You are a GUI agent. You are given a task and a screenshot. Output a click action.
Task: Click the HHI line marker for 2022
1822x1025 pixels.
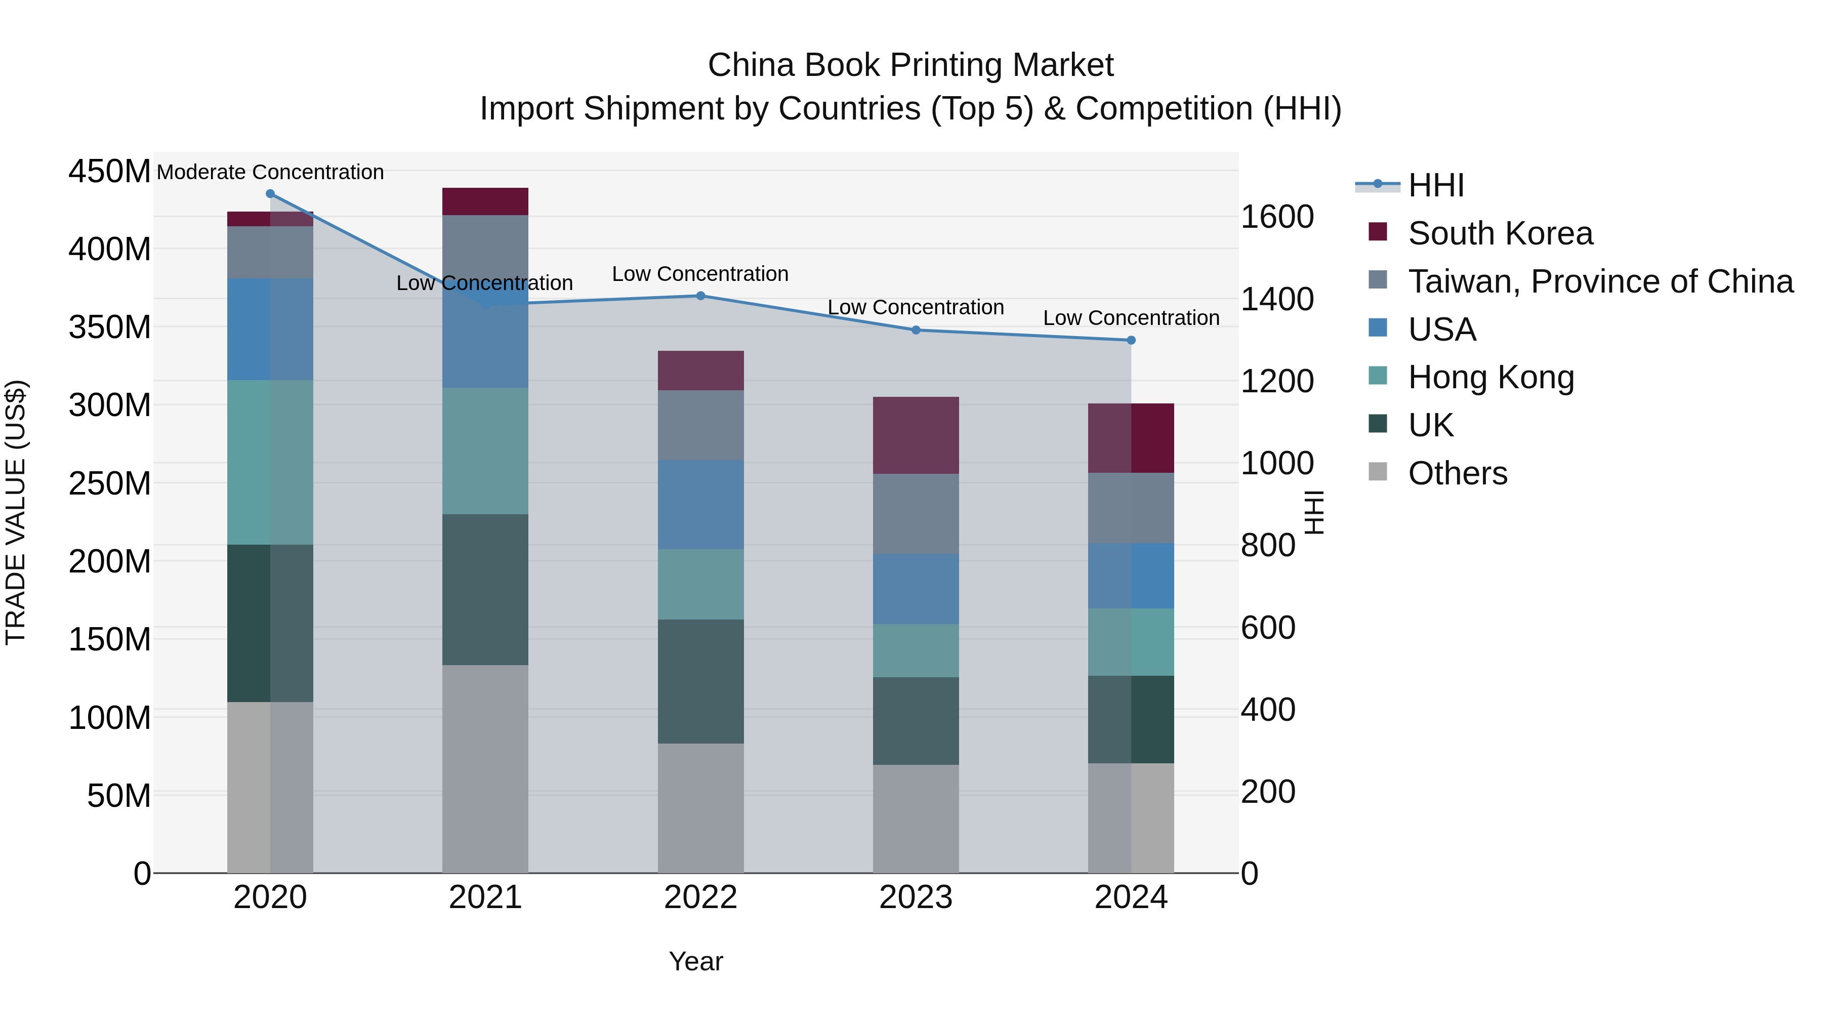coord(700,296)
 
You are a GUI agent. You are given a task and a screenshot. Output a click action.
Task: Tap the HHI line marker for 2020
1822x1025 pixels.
coord(270,194)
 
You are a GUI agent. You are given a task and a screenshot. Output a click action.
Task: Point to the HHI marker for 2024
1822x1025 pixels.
coord(1130,340)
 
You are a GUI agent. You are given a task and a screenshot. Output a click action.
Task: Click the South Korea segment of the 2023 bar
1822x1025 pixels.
coord(915,435)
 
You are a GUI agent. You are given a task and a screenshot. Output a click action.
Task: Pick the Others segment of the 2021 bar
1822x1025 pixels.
coord(485,768)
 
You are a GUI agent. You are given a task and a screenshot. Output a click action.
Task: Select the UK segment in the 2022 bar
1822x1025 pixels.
coord(700,681)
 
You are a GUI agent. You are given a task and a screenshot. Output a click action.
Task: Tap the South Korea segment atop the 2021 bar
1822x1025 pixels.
coord(485,201)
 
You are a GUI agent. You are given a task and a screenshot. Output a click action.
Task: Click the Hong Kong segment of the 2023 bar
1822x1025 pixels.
coord(915,651)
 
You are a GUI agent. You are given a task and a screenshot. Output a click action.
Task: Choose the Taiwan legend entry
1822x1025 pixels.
coord(1600,281)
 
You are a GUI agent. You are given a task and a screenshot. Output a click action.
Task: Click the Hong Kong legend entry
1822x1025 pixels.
coord(1490,378)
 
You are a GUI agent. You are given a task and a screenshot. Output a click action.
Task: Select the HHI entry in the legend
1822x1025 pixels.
coord(1436,185)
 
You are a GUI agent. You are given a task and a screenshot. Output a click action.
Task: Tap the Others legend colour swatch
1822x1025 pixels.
coord(1377,472)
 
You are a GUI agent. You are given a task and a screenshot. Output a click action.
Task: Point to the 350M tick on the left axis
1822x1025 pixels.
coord(110,327)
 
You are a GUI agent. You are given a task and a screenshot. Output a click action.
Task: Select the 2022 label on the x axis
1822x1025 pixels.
coord(700,897)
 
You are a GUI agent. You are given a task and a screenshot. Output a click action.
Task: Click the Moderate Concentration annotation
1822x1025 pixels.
coord(270,172)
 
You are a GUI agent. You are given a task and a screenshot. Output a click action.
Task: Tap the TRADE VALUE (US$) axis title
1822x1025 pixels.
coord(16,512)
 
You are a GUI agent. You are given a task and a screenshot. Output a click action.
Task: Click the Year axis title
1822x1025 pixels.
coord(696,961)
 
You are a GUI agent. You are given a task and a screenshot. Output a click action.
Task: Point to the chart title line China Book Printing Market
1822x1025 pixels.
coord(910,65)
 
